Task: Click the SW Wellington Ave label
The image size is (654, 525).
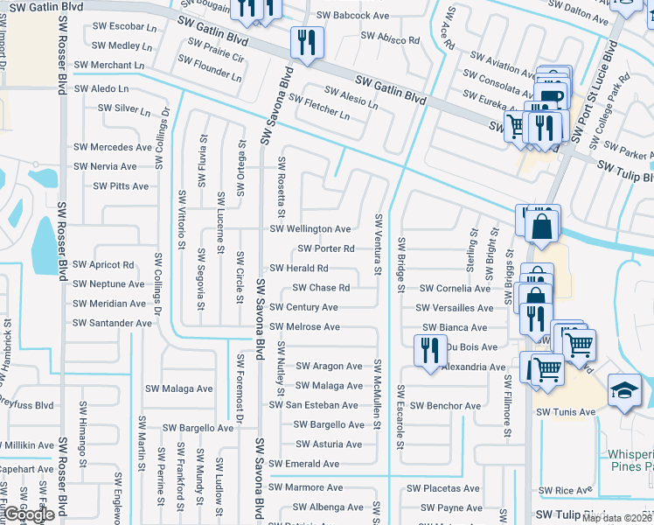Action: pyautogui.click(x=310, y=229)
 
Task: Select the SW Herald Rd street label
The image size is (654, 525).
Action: pyautogui.click(x=299, y=269)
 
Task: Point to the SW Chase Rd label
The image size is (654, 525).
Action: pyautogui.click(x=321, y=288)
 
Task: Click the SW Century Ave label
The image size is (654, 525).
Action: pyautogui.click(x=303, y=308)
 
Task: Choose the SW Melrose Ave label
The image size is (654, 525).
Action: pyautogui.click(x=304, y=327)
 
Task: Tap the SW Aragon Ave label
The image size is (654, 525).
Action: pyautogui.click(x=329, y=367)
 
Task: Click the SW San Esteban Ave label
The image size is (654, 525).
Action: pyautogui.click(x=313, y=405)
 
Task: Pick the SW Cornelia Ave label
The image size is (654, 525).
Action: pyautogui.click(x=455, y=288)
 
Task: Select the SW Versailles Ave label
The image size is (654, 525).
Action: pyautogui.click(x=455, y=308)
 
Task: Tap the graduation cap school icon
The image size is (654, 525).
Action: pyautogui.click(x=625, y=390)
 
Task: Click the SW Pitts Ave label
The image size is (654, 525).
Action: pyautogui.click(x=121, y=186)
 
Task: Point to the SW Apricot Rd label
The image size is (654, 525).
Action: pyautogui.click(x=104, y=264)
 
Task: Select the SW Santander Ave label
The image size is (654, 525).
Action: pyautogui.click(x=113, y=323)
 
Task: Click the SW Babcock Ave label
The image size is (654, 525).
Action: pyautogui.click(x=353, y=16)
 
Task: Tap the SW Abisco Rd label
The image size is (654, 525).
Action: pyautogui.click(x=390, y=39)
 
